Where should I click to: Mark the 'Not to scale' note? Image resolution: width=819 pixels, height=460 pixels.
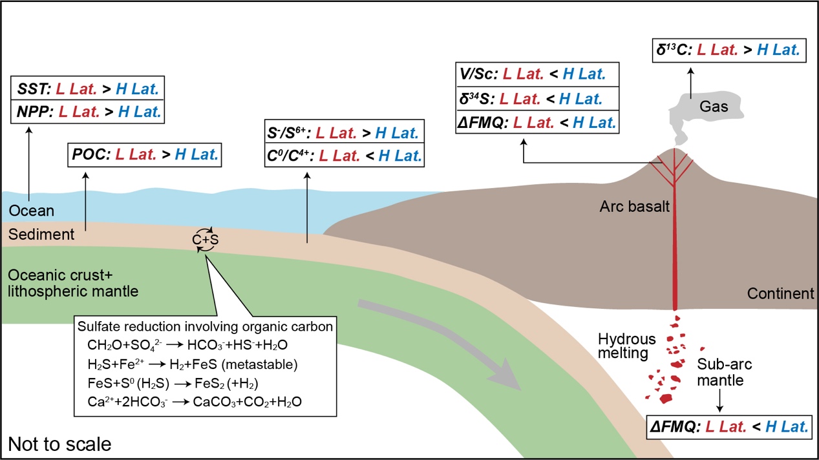pyautogui.click(x=59, y=444)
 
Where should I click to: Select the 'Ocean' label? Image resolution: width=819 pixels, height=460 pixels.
pyautogui.click(x=32, y=211)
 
